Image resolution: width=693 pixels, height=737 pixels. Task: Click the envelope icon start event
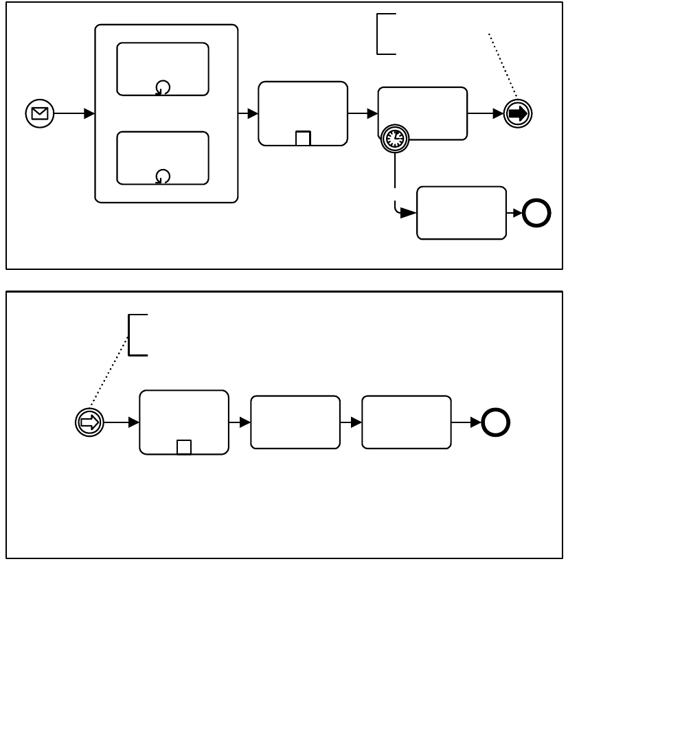[40, 113]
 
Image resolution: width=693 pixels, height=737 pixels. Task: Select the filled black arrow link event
[518, 114]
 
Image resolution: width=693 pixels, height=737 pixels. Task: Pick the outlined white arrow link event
[89, 422]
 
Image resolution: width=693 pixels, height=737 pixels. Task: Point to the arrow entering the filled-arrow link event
[485, 114]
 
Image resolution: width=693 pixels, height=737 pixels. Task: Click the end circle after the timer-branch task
[536, 214]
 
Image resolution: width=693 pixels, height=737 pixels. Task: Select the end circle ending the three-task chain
[495, 422]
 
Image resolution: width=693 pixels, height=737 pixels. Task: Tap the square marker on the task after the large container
[303, 138]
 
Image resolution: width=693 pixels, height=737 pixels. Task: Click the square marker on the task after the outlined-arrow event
[184, 447]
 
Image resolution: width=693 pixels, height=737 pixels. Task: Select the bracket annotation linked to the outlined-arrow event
[137, 335]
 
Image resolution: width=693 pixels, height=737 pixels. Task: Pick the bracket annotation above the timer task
[385, 33]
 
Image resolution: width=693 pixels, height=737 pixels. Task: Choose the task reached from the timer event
[462, 213]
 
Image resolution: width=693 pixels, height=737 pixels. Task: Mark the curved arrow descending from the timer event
[396, 199]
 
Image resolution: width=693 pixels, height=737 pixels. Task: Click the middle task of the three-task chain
[295, 422]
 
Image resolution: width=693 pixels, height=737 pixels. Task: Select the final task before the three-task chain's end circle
[407, 422]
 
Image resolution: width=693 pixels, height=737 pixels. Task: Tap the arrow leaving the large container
[248, 114]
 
